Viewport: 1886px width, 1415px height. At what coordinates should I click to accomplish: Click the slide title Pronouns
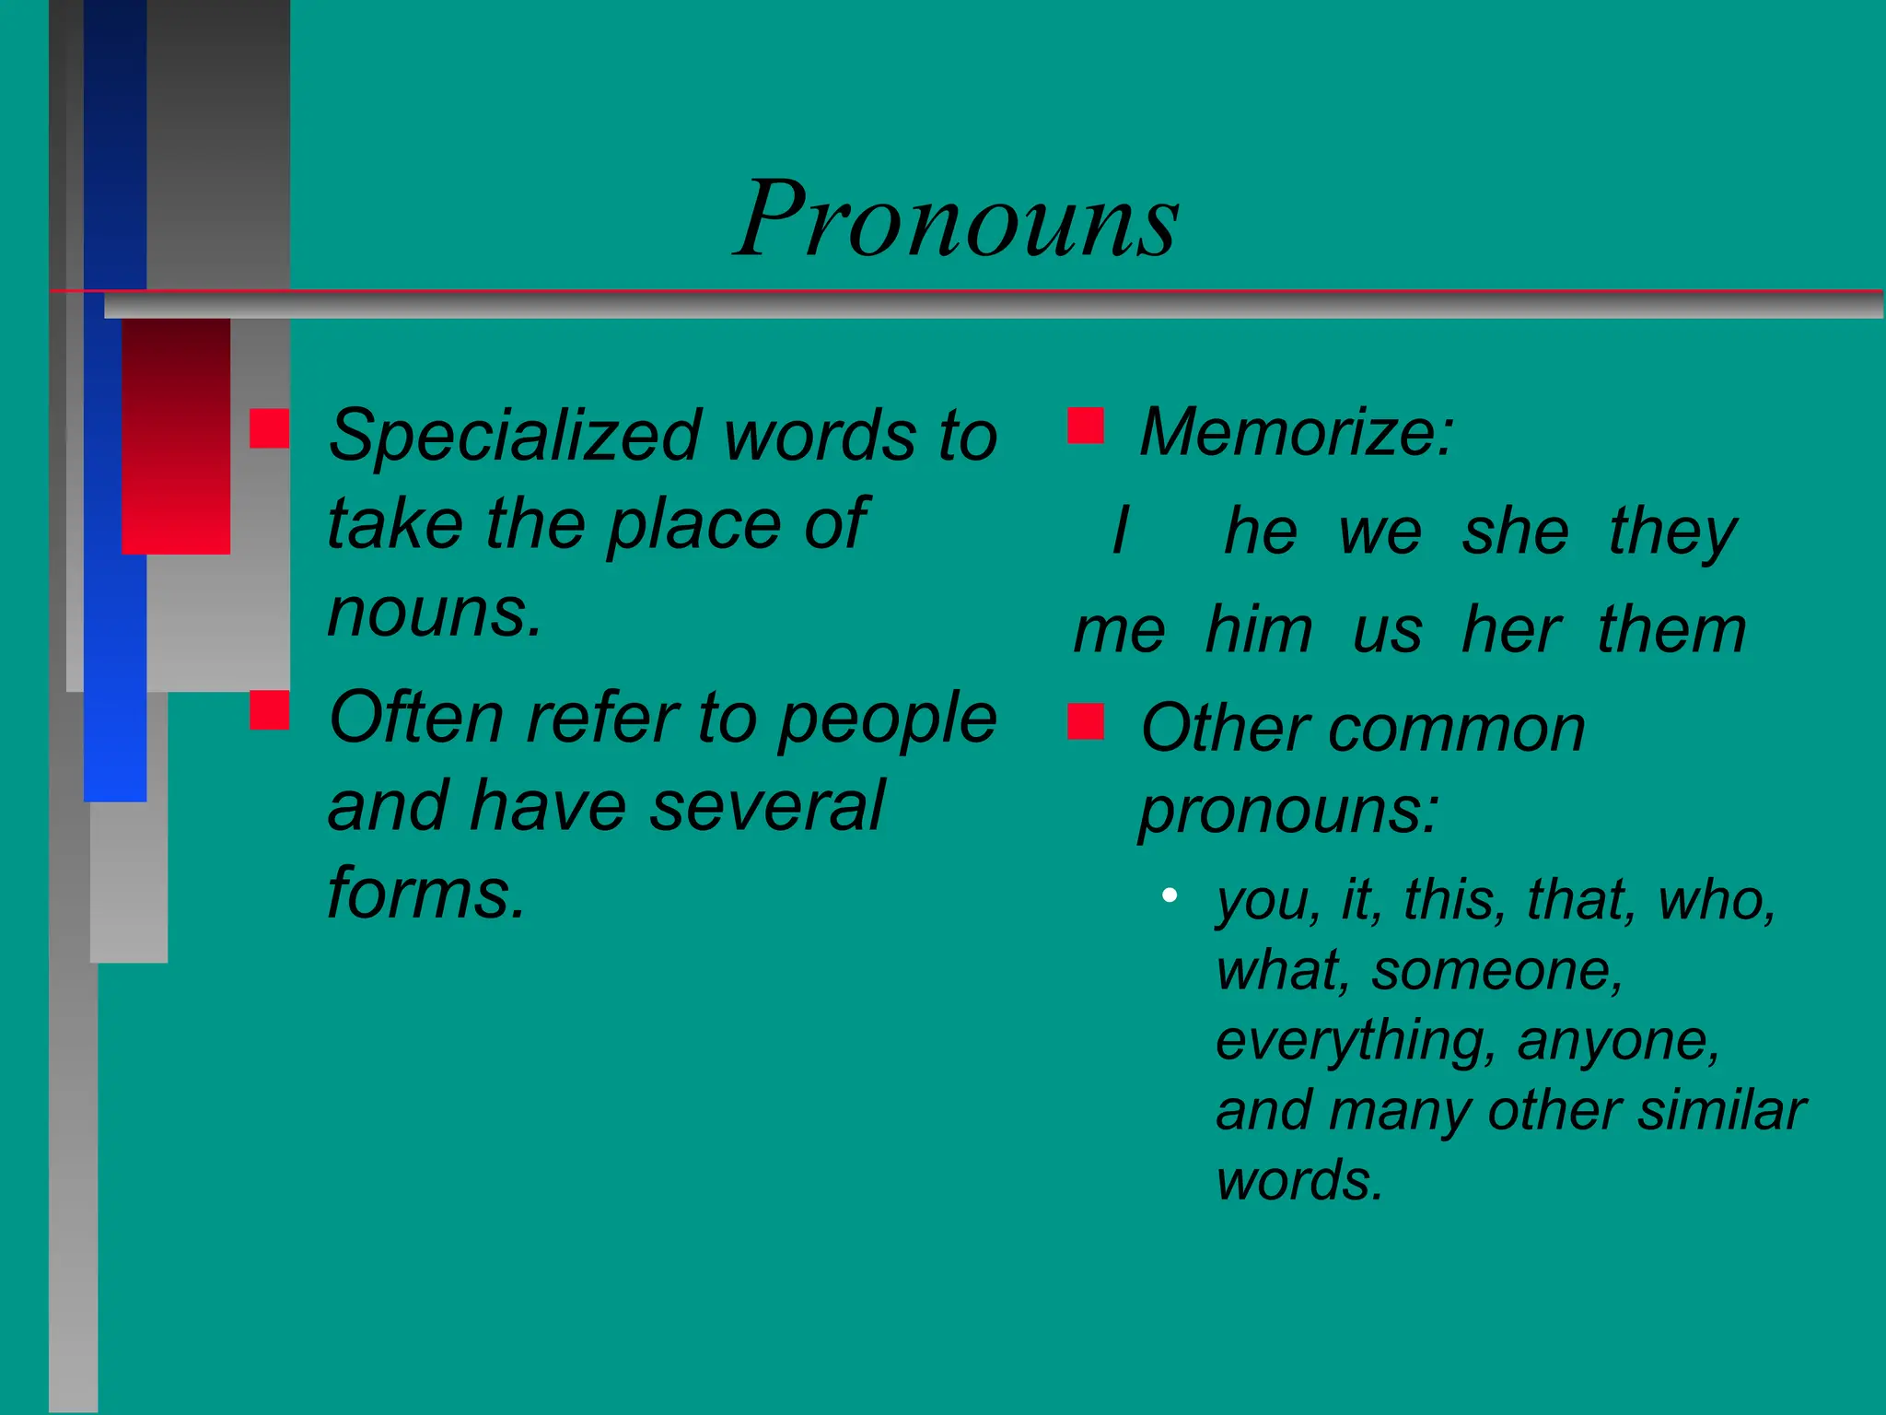click(x=958, y=219)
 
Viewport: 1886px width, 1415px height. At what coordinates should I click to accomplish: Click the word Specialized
click(x=516, y=435)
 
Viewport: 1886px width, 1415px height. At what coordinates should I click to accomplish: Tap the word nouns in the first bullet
click(x=433, y=612)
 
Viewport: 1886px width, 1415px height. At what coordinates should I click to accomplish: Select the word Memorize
click(x=1295, y=431)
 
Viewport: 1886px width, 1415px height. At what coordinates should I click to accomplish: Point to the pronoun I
click(x=1120, y=531)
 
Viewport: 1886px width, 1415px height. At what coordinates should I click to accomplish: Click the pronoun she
click(x=1516, y=531)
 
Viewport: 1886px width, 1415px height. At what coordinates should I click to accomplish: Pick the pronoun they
click(x=1672, y=532)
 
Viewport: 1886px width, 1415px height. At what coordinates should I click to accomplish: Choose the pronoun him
click(x=1259, y=630)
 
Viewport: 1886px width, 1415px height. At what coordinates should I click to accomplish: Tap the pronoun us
click(x=1387, y=630)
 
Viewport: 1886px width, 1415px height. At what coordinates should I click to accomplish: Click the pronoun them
click(x=1671, y=630)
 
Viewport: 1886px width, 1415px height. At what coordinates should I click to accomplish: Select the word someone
click(x=1496, y=970)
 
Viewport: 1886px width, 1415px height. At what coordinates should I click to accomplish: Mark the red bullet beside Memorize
click(x=1086, y=426)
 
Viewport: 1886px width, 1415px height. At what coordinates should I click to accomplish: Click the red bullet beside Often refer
click(x=269, y=709)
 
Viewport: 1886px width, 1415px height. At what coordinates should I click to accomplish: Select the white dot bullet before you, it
click(x=1170, y=895)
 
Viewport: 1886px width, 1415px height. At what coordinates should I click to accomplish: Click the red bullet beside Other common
click(x=1086, y=721)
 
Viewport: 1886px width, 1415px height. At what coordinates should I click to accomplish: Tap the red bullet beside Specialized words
click(x=269, y=428)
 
